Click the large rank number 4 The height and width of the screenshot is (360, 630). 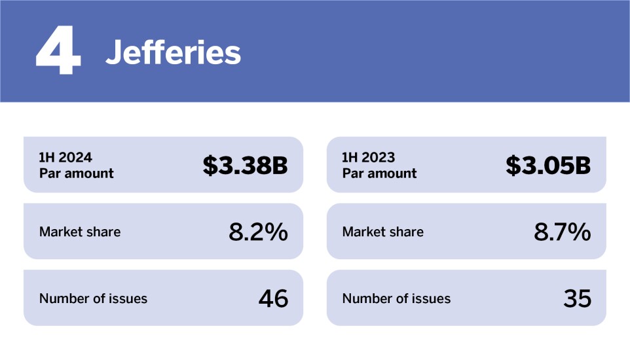58,52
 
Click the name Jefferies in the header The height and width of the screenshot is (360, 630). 173,52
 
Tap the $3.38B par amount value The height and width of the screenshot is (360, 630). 245,166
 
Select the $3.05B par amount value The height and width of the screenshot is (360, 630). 548,166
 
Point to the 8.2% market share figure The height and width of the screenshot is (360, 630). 258,232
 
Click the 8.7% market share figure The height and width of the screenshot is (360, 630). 562,232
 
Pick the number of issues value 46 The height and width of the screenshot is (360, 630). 273,298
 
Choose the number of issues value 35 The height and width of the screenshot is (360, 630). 577,298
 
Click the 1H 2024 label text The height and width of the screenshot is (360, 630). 65,158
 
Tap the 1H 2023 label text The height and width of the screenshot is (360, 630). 369,158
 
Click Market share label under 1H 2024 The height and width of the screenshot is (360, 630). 80,232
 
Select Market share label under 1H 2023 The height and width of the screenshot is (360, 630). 383,232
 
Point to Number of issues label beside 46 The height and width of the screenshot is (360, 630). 93,298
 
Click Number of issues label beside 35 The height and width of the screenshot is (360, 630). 396,298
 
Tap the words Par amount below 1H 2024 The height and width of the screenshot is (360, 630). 76,173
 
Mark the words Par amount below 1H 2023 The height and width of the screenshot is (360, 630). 379,173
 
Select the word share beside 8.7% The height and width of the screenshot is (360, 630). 408,232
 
